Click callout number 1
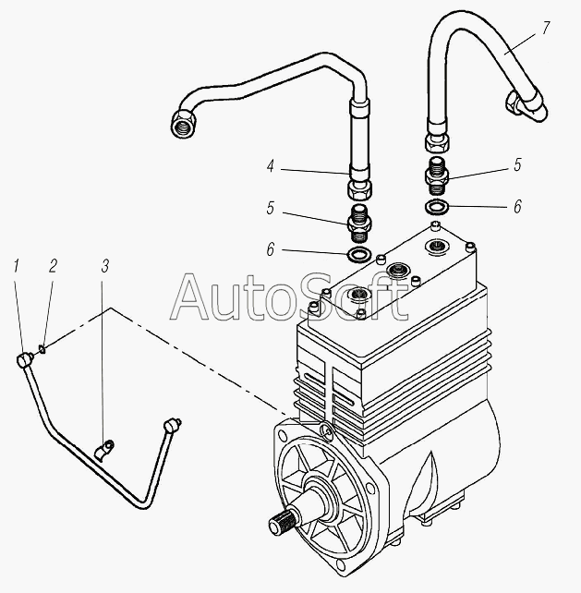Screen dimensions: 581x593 [x=16, y=266]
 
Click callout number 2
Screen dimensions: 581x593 [x=53, y=266]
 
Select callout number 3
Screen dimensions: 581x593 [x=105, y=266]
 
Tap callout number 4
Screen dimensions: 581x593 [x=270, y=166]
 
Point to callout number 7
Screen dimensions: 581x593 [x=546, y=28]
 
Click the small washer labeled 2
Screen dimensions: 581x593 [x=42, y=349]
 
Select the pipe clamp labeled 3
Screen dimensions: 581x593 [x=104, y=450]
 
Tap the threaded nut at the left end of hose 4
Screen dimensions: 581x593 [x=184, y=123]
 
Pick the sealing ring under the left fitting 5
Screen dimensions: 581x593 [x=359, y=255]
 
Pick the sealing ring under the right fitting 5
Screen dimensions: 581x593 [x=438, y=207]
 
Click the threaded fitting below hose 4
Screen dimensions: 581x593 [x=359, y=224]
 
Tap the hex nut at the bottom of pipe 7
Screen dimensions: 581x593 [x=437, y=142]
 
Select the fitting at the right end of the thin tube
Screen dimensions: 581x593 [x=172, y=425]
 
